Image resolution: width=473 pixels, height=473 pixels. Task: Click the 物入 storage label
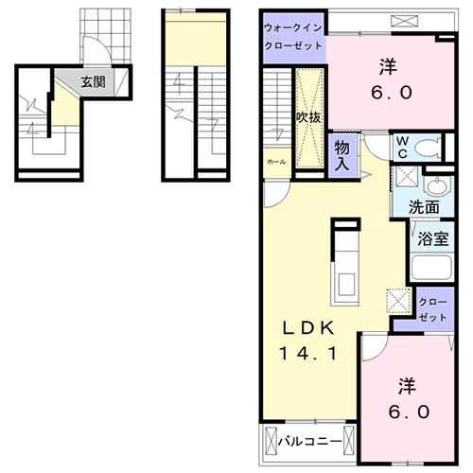(342, 155)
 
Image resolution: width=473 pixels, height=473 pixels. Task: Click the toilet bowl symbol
(427, 147)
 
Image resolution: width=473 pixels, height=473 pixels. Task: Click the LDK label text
(306, 329)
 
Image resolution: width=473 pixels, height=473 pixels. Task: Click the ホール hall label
(275, 162)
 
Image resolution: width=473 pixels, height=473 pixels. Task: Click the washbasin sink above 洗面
(438, 185)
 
